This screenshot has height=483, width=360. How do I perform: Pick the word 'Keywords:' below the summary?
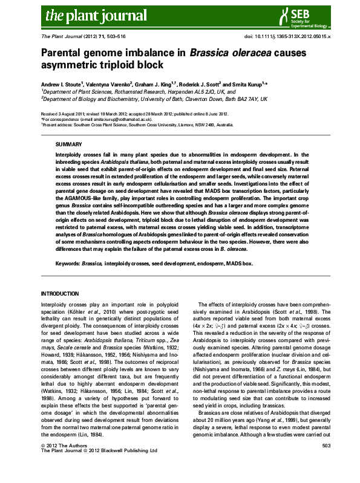(x=68, y=264)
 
